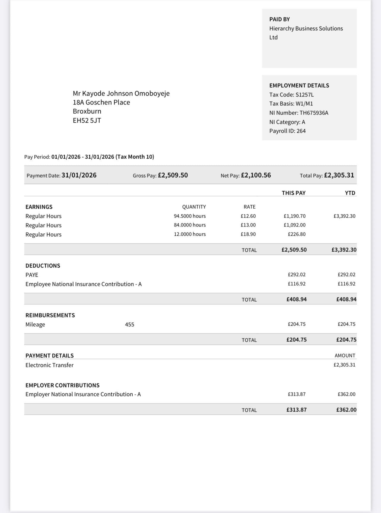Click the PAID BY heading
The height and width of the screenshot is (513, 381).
point(279,19)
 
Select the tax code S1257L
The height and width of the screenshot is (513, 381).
point(304,95)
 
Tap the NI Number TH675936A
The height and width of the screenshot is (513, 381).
point(314,113)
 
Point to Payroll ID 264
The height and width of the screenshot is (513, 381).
point(301,131)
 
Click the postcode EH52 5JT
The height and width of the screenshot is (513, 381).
point(87,121)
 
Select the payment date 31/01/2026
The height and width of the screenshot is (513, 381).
point(79,175)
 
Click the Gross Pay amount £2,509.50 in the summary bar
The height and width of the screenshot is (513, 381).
point(173,175)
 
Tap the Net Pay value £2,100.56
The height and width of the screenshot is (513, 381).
point(256,175)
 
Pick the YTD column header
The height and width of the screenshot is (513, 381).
point(350,193)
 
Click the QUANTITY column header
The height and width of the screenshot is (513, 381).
point(194,207)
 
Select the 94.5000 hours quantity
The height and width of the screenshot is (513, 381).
point(190,216)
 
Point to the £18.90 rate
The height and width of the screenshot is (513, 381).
point(248,234)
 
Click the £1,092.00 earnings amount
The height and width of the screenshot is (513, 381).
point(294,225)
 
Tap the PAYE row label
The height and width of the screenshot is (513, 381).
point(32,275)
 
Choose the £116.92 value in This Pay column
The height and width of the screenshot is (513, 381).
point(296,284)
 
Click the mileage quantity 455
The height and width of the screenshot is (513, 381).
point(129,324)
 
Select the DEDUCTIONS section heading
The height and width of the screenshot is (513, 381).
point(43,266)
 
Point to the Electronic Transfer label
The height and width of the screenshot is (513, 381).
point(49,365)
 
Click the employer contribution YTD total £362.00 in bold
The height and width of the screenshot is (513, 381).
point(346,410)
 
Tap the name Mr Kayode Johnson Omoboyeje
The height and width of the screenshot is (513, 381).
point(121,94)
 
